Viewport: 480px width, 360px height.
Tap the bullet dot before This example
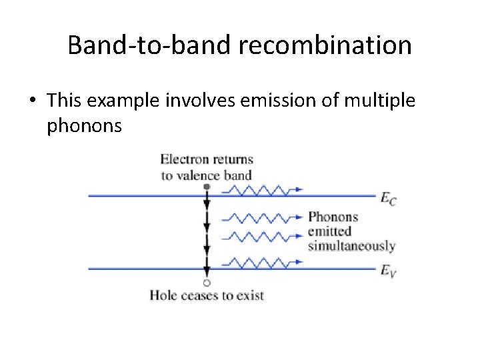31,101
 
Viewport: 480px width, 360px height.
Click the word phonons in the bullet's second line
84,125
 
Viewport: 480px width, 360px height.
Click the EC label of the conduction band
388,198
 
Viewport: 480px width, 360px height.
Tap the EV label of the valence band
388,271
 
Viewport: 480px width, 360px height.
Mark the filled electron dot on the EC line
207,187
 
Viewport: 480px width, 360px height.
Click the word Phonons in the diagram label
333,217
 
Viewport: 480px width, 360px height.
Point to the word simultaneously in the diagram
351,246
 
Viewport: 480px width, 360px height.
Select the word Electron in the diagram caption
184,159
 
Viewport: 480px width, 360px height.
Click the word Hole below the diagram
163,295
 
